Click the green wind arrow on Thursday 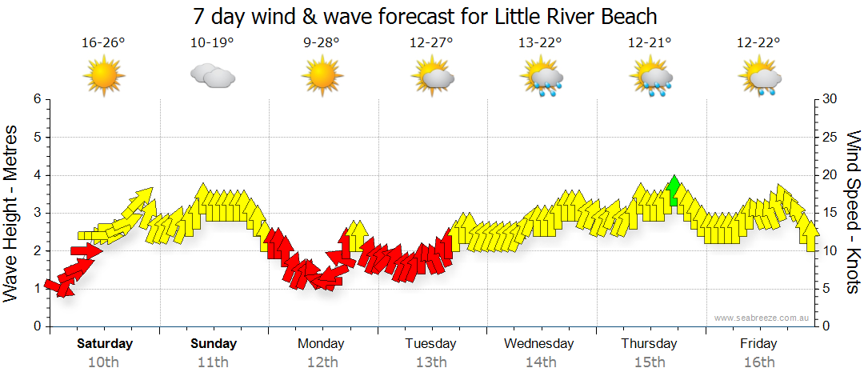(x=674, y=190)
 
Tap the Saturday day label (x=104, y=344)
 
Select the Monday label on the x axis (x=321, y=344)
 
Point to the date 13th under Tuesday (x=430, y=362)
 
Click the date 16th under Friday (x=758, y=362)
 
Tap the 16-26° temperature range (x=103, y=43)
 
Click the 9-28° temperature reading (x=322, y=43)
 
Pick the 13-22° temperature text (x=540, y=43)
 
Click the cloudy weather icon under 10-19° (x=212, y=77)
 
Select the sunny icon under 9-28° (x=322, y=77)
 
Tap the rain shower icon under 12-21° (x=650, y=78)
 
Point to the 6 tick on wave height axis (x=36, y=99)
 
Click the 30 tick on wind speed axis (x=830, y=99)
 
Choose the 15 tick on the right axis (x=830, y=213)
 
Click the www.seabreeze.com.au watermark (x=763, y=318)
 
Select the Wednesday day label (x=539, y=344)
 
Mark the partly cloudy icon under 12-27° (x=431, y=78)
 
